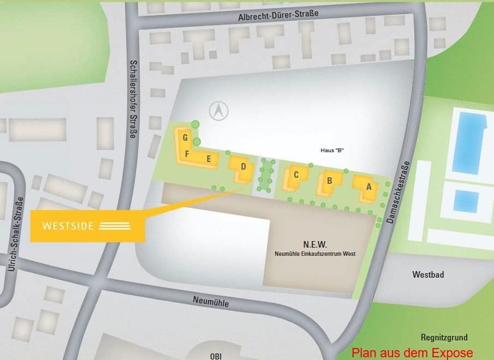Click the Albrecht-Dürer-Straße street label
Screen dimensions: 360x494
click(278, 16)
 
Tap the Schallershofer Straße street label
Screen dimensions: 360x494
click(133, 99)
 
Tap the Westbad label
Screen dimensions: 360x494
click(428, 275)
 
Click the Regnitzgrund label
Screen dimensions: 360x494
click(444, 338)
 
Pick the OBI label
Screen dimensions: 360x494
click(216, 356)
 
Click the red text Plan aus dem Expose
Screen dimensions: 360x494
click(412, 352)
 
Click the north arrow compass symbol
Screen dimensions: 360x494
click(219, 111)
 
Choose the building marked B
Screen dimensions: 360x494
click(330, 181)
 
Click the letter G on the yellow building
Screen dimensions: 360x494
click(186, 137)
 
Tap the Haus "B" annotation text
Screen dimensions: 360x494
click(331, 150)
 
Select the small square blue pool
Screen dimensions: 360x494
click(466, 201)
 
